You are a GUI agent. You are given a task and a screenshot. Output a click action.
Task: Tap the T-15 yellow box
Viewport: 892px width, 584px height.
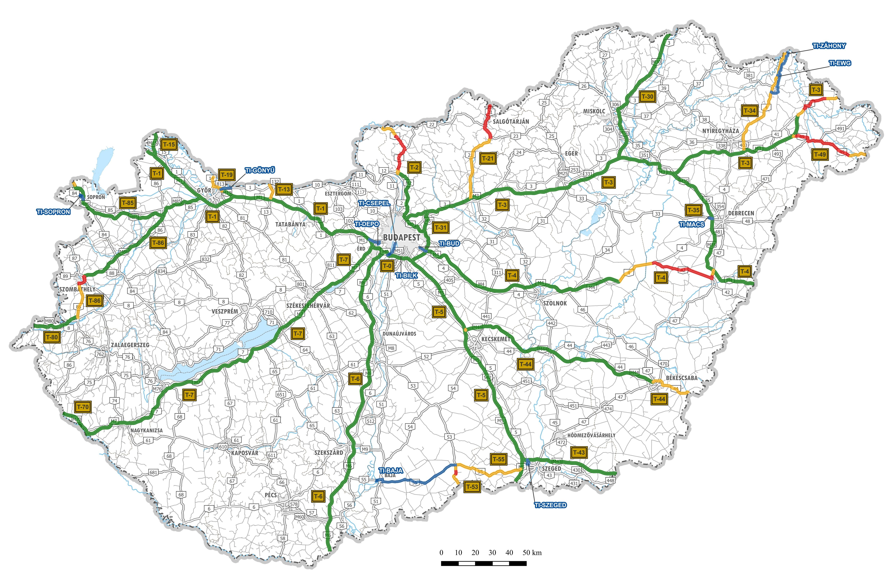[x=169, y=144]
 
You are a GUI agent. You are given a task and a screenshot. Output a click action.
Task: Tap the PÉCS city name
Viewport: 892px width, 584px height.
[x=271, y=495]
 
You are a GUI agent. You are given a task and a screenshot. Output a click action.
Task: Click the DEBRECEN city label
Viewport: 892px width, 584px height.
[x=741, y=213]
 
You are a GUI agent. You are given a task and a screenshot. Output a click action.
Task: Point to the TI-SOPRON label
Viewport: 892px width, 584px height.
[x=53, y=212]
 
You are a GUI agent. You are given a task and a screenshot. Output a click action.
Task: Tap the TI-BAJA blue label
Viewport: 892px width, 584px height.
[x=391, y=470]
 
